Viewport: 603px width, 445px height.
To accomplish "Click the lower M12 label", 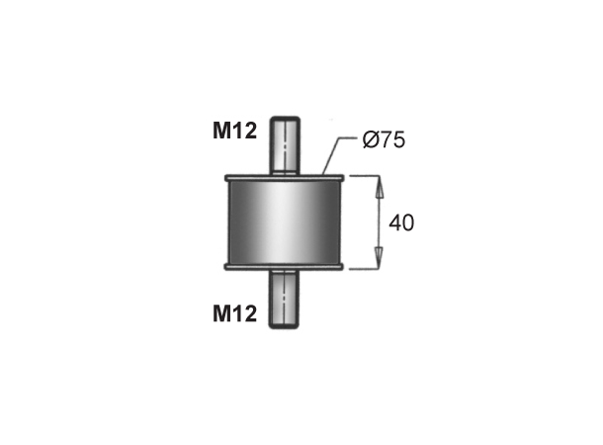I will [235, 315].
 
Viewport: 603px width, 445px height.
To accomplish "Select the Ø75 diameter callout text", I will [384, 140].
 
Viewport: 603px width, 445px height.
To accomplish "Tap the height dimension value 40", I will [400, 223].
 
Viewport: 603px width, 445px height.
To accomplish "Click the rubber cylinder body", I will [285, 223].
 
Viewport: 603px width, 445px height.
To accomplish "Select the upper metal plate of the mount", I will [285, 179].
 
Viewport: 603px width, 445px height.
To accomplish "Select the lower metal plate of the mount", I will [285, 267].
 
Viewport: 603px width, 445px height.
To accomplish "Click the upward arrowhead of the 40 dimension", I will [377, 184].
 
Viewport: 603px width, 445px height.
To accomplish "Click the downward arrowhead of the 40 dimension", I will [377, 261].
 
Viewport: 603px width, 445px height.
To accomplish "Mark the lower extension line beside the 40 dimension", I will [362, 268].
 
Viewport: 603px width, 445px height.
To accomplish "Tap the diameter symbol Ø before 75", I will [370, 140].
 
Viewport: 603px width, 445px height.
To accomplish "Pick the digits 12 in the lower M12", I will [244, 315].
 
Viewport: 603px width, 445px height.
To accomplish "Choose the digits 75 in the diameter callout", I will [391, 140].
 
